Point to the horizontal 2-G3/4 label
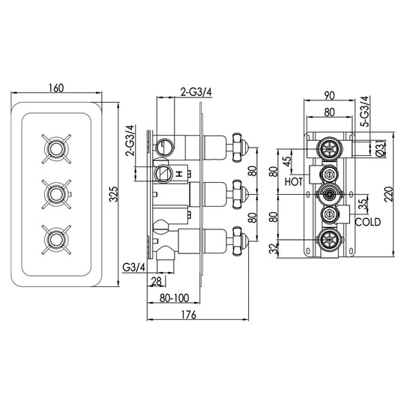pyautogui.click(x=196, y=91)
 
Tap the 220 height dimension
pyautogui.click(x=385, y=197)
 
